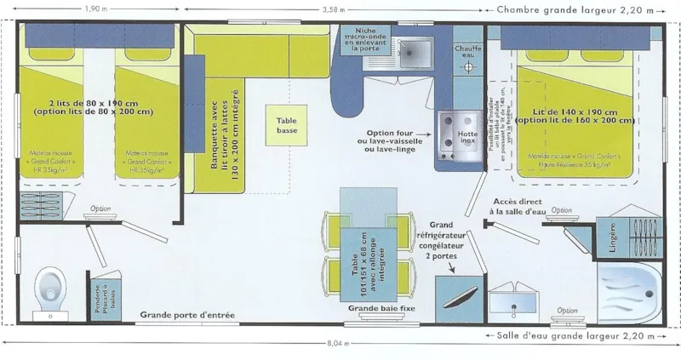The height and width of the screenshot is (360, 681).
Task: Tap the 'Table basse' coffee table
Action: coord(286,126)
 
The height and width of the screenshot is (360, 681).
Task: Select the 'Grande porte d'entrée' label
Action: coord(189,313)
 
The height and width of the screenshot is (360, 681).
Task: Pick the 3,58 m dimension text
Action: coord(340,9)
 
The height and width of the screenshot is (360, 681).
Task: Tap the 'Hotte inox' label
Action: coord(466,137)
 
